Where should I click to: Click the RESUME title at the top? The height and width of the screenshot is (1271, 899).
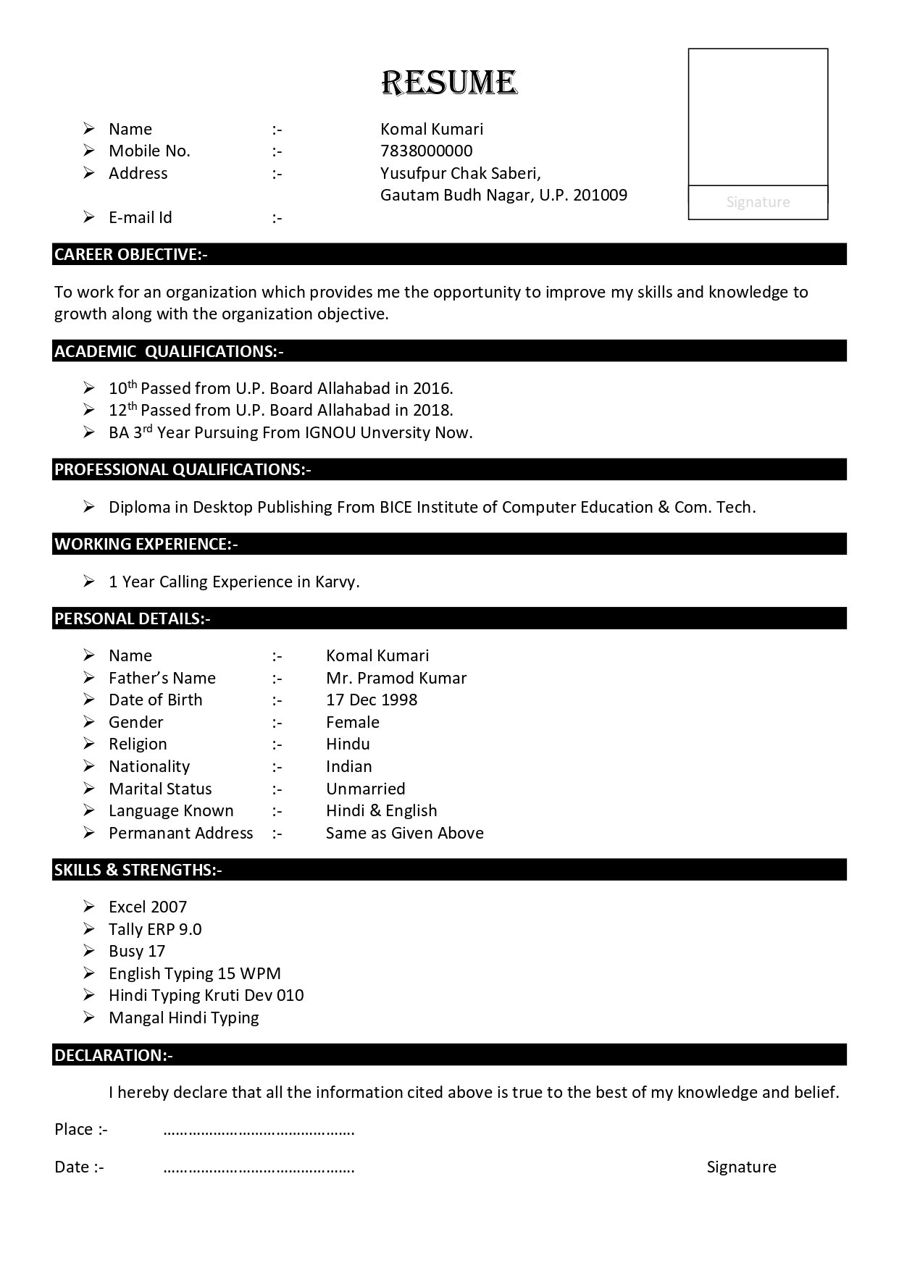(x=449, y=83)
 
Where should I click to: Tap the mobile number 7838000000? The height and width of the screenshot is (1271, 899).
(x=426, y=151)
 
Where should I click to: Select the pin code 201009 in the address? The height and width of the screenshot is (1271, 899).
(x=600, y=195)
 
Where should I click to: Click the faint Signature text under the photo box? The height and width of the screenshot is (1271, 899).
(x=758, y=202)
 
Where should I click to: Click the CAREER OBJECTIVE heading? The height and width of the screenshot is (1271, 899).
(x=131, y=254)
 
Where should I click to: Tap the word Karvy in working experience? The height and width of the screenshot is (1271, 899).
(x=336, y=582)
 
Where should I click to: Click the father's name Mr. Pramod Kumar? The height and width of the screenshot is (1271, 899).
(x=396, y=678)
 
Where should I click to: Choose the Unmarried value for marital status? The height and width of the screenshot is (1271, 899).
(x=366, y=789)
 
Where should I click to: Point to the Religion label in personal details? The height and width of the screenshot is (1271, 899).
(x=138, y=744)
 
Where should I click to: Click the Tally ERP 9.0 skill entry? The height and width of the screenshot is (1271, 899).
(x=155, y=929)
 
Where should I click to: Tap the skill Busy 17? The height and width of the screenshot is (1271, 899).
(x=137, y=951)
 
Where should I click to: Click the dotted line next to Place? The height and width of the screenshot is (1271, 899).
(x=259, y=1131)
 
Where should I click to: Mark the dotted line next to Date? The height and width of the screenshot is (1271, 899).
(x=259, y=1168)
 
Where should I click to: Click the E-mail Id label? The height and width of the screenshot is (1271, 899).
(x=141, y=217)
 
